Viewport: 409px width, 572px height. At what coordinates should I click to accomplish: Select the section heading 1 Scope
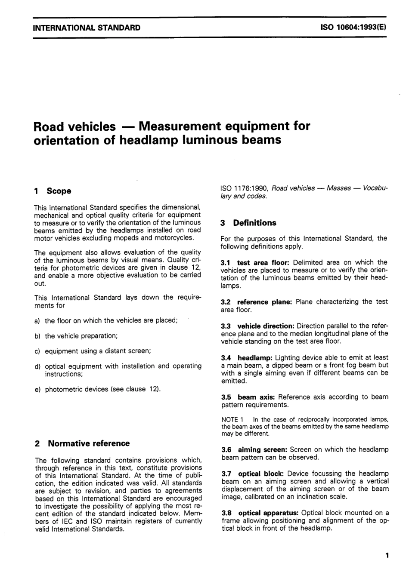[x=53, y=191]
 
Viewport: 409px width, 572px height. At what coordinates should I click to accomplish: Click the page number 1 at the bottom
[x=387, y=555]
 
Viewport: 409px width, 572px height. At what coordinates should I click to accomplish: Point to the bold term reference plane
[x=264, y=302]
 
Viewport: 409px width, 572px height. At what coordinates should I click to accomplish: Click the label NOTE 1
[x=232, y=419]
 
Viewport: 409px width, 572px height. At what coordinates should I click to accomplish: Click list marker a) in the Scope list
[x=37, y=321]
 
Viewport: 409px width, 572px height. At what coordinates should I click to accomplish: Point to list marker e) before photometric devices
[x=37, y=390]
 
